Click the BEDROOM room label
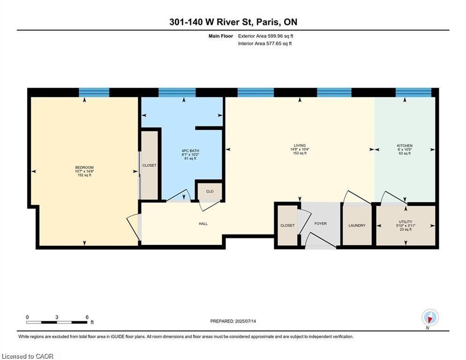84,167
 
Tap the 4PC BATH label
191,151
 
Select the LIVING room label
300,145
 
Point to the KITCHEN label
405,145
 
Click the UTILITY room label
406,222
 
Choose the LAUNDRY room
357,225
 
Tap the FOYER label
320,224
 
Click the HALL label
203,224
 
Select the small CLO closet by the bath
210,191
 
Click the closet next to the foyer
288,225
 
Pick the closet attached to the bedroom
149,165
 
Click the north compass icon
430,318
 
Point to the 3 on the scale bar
57,317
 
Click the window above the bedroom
94,92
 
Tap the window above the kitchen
414,92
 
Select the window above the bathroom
177,92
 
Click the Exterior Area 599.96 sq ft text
266,36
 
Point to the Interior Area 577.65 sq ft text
265,44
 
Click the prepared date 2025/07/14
245,321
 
